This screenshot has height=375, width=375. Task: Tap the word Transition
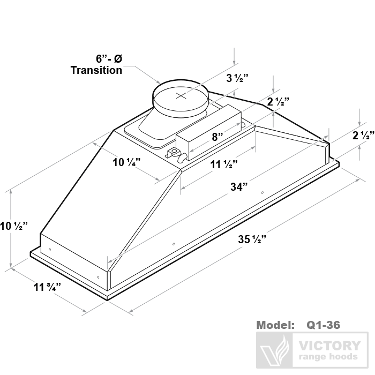click(x=96, y=70)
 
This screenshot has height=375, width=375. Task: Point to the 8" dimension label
click(x=217, y=137)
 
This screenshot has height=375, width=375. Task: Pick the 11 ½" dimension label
click(x=224, y=164)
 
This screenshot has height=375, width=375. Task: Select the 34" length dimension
click(x=239, y=187)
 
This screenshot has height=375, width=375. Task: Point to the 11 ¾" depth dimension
click(x=47, y=287)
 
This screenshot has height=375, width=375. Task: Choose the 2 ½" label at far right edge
click(x=363, y=136)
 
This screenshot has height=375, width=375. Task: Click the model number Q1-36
click(x=323, y=325)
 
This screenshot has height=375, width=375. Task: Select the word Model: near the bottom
click(x=275, y=325)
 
